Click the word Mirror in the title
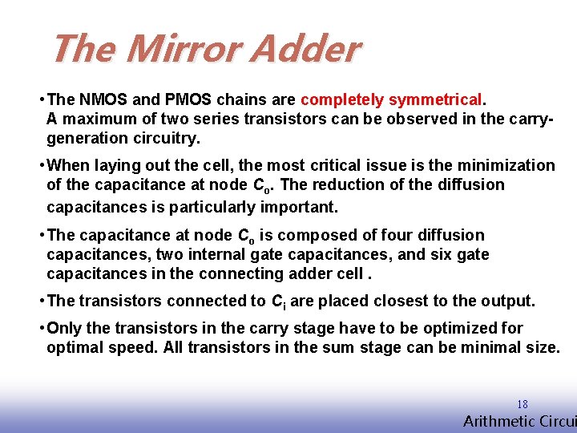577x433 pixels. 184,49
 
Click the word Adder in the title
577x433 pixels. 305,49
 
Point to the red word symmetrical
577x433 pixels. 436,100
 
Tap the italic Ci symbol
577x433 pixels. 278,302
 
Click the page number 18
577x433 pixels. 523,405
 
